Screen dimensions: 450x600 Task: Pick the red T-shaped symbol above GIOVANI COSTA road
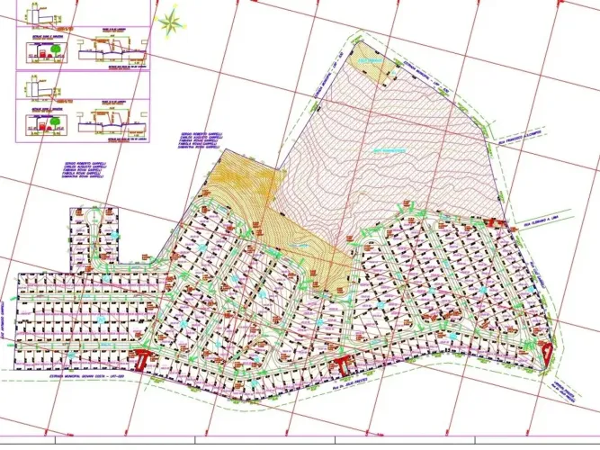141,361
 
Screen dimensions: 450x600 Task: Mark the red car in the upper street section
37,60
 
